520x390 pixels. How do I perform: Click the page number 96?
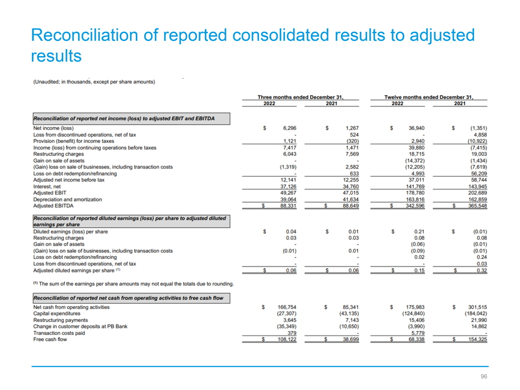484,376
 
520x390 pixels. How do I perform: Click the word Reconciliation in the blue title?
84,35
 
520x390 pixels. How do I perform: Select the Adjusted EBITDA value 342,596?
415,206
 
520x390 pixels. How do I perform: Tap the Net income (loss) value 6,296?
290,128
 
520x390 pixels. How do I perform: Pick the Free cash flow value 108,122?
287,340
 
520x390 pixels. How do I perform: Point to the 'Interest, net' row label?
47,187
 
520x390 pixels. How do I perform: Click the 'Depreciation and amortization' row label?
67,200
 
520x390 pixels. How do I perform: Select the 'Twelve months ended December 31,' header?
429,97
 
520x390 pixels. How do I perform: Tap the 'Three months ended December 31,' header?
300,97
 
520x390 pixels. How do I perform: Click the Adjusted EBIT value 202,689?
477,193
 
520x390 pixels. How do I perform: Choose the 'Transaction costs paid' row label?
59,333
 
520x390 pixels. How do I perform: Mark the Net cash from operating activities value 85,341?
350,307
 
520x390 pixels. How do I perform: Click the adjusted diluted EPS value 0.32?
482,271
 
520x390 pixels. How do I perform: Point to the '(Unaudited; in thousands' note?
61,82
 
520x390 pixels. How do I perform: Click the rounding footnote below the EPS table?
134,284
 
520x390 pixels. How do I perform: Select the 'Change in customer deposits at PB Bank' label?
80,327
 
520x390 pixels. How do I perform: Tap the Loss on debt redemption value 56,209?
479,174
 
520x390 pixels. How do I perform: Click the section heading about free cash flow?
128,298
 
